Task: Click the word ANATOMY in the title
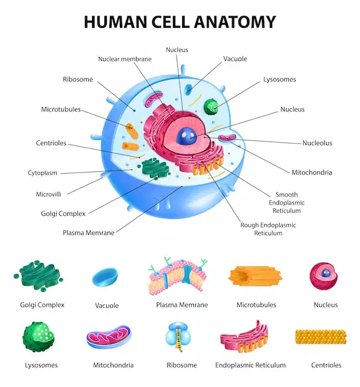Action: tap(235, 22)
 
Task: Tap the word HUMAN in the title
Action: tap(115, 22)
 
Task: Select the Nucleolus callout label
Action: tap(317, 143)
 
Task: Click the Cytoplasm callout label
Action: tap(43, 172)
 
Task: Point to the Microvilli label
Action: tap(49, 194)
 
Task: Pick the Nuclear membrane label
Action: tap(125, 59)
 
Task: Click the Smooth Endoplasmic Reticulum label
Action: tap(287, 203)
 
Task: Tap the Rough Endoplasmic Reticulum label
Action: tap(268, 229)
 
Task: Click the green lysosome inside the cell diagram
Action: tap(211, 107)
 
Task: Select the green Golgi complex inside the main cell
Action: tap(156, 169)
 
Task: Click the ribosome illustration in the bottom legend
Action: tap(178, 336)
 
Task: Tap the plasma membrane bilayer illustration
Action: tap(178, 276)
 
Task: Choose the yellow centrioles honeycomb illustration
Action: tap(321, 337)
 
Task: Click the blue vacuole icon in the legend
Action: tap(105, 277)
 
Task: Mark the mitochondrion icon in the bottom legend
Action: tap(109, 336)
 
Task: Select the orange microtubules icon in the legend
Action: tap(255, 276)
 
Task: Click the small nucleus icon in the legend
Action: tap(324, 276)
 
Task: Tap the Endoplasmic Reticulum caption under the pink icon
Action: tap(250, 365)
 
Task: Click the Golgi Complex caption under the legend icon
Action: tap(42, 305)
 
